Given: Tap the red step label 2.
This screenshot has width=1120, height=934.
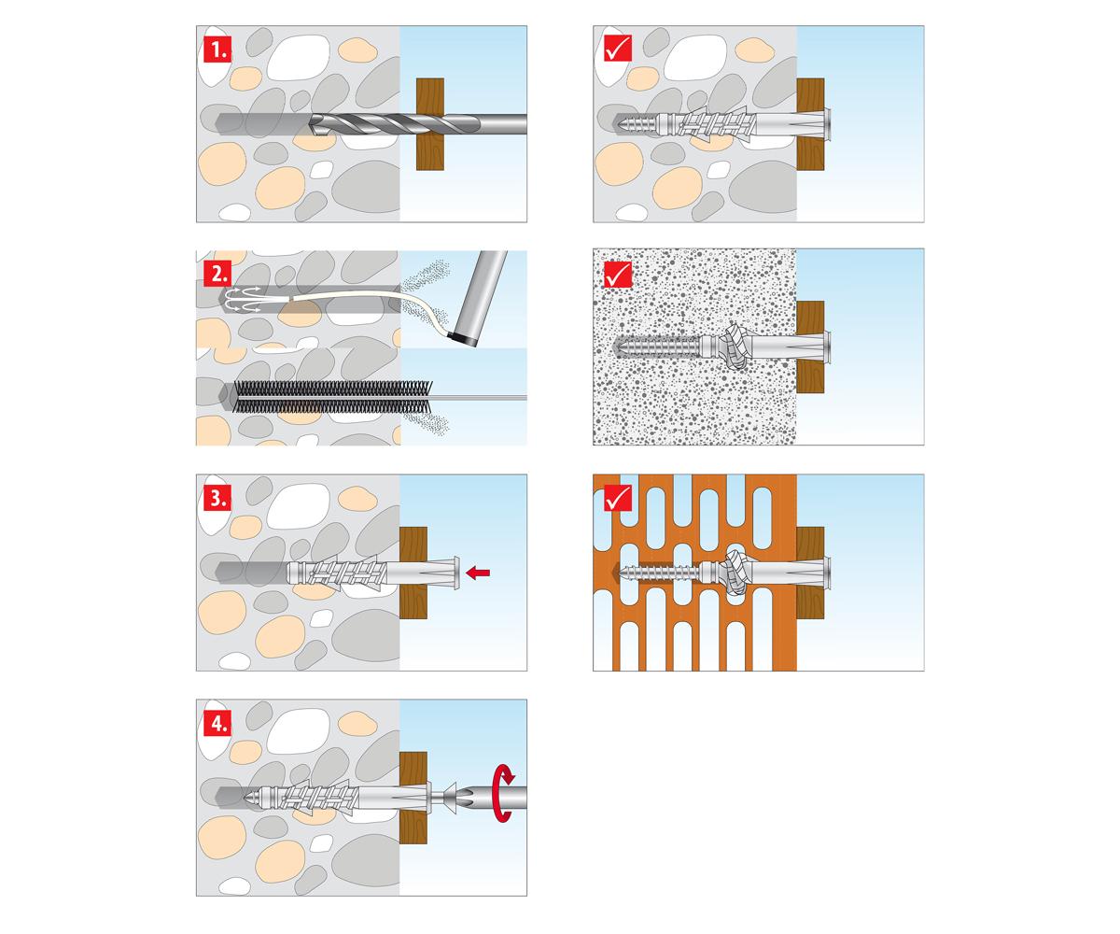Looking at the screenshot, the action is tap(217, 274).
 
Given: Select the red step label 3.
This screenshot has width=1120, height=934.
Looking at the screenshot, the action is tap(217, 498).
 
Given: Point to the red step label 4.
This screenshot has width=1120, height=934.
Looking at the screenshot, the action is tap(217, 723).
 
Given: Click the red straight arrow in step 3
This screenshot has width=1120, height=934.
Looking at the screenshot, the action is tap(478, 573).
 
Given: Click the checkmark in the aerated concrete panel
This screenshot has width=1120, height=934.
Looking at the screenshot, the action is tap(618, 275).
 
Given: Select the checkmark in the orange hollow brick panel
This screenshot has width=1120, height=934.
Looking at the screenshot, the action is tap(618, 498).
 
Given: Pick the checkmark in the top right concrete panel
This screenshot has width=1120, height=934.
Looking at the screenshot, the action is tap(618, 49).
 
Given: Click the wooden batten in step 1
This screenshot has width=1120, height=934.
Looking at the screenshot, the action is tap(430, 124).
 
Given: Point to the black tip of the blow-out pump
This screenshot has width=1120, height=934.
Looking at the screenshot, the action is tap(461, 339).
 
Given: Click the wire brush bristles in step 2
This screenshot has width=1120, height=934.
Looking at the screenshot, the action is tap(332, 397).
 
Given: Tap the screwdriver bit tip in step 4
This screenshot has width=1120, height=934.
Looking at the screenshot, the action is tap(467, 797).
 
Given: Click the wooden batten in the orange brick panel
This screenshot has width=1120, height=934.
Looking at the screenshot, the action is tap(810, 573).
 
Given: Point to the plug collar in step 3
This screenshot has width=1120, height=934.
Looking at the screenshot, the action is tap(456, 573).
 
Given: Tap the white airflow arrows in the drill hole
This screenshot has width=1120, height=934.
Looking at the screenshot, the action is tap(242, 299).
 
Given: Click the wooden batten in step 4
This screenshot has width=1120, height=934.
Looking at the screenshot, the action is tap(413, 798).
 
